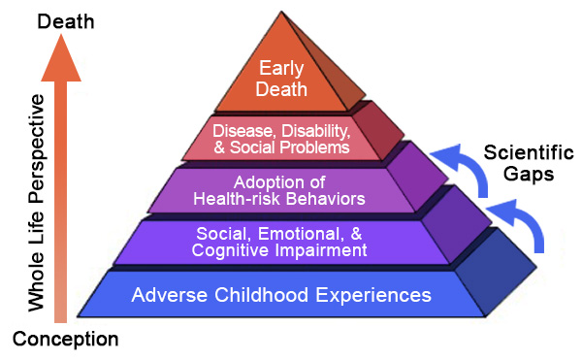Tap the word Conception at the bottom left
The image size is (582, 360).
tap(65, 339)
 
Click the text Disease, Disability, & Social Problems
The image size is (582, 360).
tap(280, 138)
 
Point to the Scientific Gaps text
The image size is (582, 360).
tap(528, 164)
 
